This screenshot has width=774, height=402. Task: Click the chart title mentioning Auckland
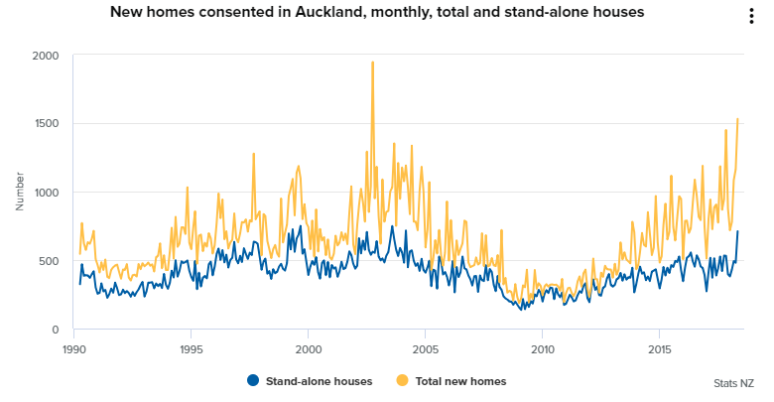pos(376,13)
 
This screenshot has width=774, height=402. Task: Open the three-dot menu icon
pos(751,17)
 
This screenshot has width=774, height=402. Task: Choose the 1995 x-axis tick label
pos(192,349)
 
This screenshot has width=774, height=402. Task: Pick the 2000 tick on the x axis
pos(309,349)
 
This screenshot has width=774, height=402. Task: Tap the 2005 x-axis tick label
pos(426,349)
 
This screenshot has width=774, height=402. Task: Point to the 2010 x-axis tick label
pos(543,349)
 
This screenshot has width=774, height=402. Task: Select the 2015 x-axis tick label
pos(660,349)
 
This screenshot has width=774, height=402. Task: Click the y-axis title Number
pos(20,191)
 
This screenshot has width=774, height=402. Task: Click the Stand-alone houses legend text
pos(320,381)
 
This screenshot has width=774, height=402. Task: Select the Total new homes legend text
pos(462,381)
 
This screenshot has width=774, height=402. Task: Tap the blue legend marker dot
pos(253,381)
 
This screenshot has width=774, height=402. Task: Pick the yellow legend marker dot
pos(403,381)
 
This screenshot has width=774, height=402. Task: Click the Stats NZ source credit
pos(733,383)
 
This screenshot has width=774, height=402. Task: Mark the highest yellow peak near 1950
pos(372,63)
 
